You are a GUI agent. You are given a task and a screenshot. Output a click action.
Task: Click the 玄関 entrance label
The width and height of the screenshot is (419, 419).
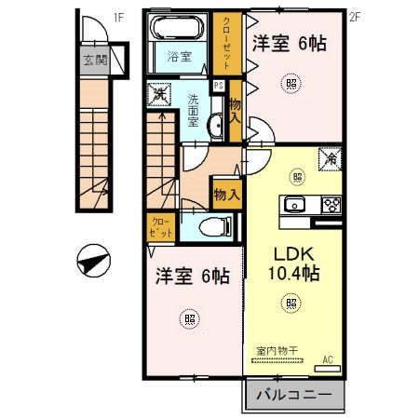(94, 63)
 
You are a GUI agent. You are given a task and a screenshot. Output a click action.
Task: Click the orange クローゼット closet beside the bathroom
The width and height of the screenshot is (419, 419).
(224, 42)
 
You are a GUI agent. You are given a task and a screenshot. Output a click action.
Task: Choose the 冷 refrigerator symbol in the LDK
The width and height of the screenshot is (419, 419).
(330, 158)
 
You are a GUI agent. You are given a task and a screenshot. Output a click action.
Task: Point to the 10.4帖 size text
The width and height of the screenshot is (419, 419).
(296, 274)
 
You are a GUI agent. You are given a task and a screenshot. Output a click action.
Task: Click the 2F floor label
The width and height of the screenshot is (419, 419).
(354, 15)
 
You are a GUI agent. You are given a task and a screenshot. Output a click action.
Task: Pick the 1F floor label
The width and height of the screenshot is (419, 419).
(118, 15)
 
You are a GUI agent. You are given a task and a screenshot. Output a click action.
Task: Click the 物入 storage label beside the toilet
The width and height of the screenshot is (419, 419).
(226, 195)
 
